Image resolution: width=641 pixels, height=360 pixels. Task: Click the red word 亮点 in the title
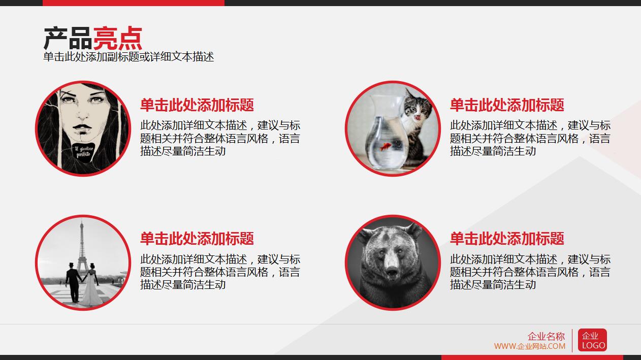point(117,39)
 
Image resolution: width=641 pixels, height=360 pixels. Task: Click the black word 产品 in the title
point(68,39)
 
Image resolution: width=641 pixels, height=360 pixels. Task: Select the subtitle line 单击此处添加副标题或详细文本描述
point(129,57)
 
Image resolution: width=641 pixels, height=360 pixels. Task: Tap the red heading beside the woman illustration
point(197,105)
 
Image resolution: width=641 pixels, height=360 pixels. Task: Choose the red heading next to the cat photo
point(507,105)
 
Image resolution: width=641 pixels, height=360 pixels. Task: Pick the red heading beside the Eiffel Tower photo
point(197,239)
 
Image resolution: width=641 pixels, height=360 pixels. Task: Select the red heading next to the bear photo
point(507,239)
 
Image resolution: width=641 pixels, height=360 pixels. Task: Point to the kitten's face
point(418,109)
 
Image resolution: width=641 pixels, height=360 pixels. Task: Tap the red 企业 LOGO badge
point(592,340)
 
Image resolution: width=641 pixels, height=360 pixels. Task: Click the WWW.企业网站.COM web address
point(529,346)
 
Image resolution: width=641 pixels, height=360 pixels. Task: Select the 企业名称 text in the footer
point(546,336)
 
